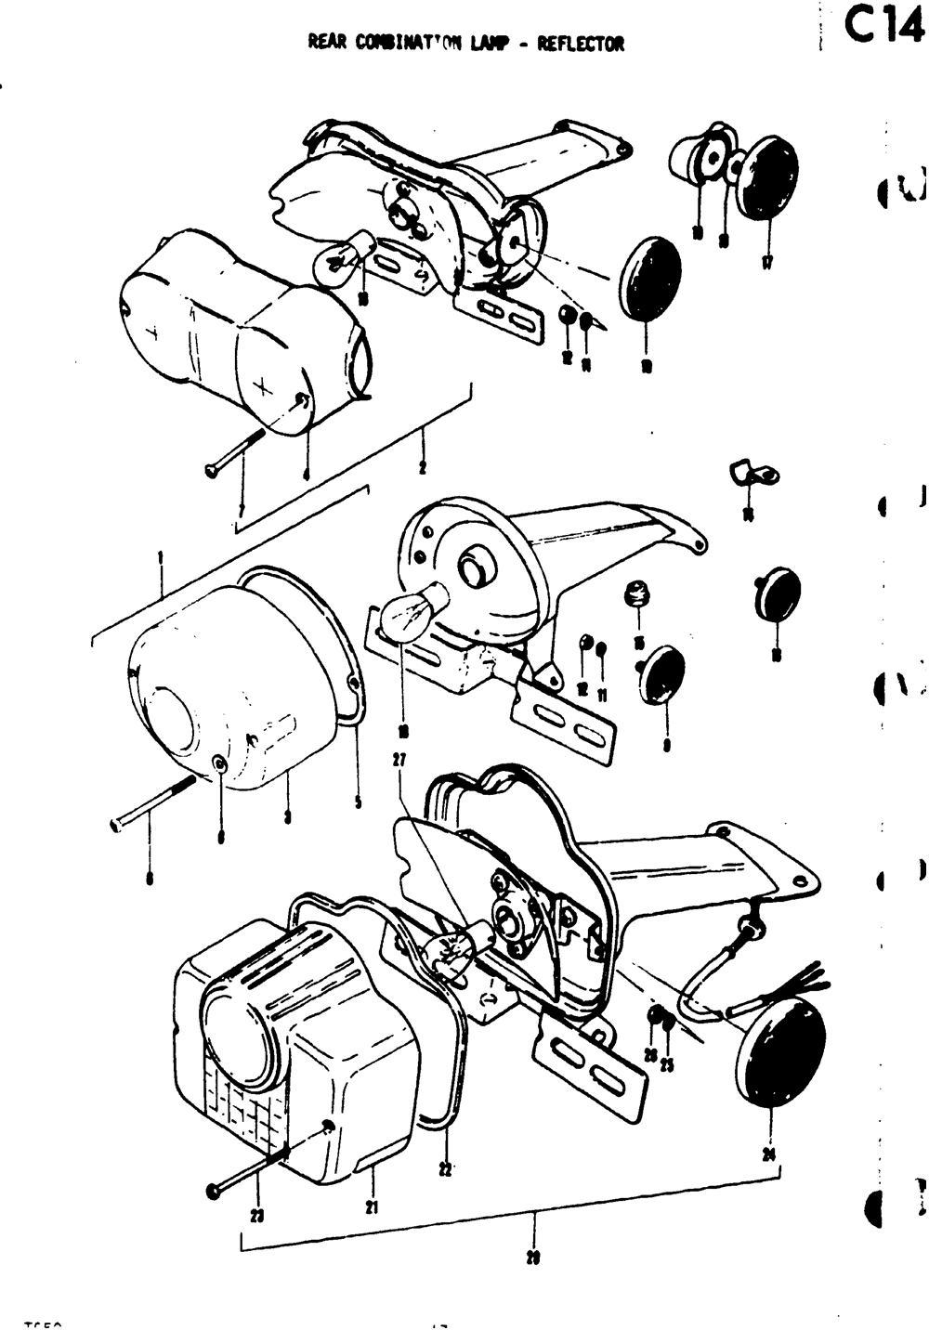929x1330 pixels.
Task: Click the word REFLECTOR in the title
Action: click(581, 44)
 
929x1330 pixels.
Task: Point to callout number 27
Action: click(399, 760)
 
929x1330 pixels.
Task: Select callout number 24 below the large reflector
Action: click(769, 1154)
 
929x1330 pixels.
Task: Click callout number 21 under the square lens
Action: click(373, 1207)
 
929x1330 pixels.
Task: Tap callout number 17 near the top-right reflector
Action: click(767, 264)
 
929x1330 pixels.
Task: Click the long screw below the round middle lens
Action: click(153, 803)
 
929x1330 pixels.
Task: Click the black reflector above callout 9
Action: click(665, 674)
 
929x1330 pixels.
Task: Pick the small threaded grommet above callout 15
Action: click(637, 592)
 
